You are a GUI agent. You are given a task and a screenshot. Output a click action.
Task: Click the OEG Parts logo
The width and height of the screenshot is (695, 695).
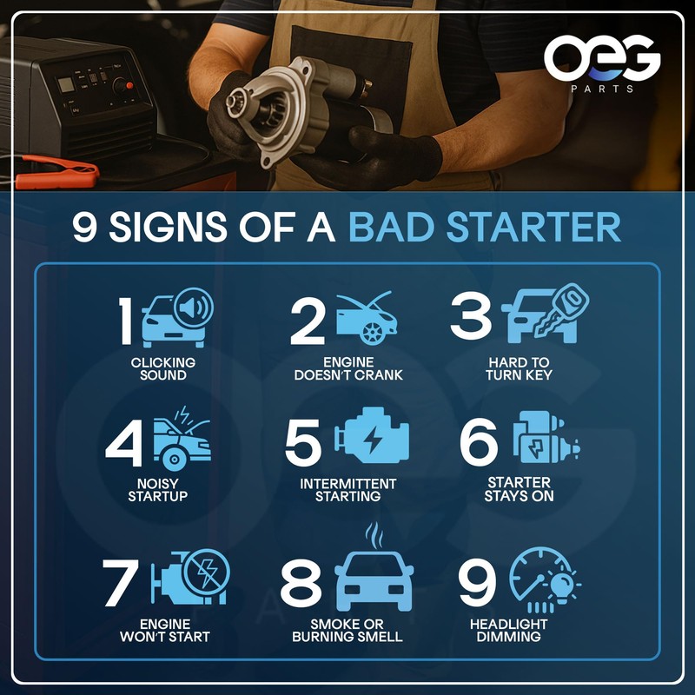click(602, 63)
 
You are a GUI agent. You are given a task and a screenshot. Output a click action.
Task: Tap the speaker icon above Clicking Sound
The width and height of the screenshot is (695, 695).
click(192, 307)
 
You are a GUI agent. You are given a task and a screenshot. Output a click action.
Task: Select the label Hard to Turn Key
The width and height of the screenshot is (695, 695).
click(519, 368)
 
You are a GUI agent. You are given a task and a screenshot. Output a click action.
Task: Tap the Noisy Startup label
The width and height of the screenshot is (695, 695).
click(158, 490)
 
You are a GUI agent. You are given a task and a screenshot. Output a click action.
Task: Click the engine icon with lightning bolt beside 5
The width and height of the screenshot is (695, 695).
click(374, 440)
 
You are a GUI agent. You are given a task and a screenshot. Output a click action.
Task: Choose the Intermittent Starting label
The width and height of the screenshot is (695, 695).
click(347, 490)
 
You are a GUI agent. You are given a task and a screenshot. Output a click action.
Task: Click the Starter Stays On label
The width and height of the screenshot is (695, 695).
click(520, 489)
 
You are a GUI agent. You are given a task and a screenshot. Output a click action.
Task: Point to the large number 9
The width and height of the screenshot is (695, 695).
click(479, 584)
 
